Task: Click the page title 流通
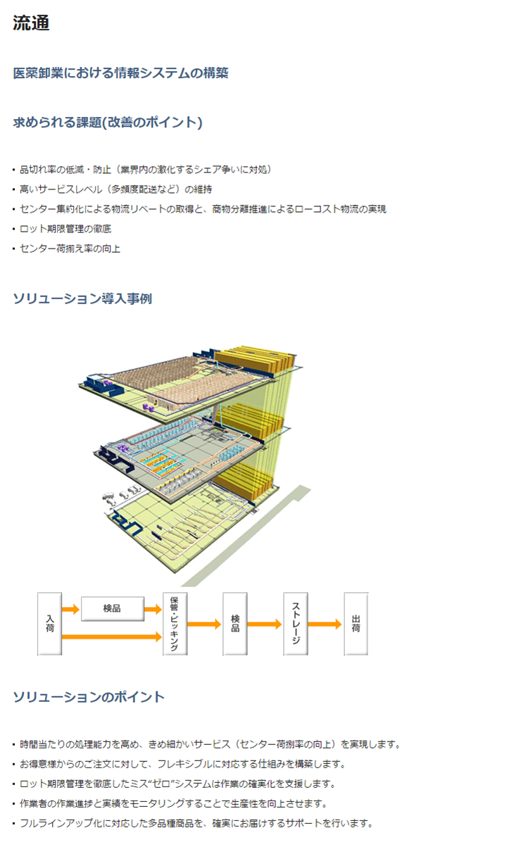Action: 31,23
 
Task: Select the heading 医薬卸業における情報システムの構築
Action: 120,73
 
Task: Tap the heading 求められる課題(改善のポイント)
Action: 108,122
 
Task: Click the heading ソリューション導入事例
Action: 82,299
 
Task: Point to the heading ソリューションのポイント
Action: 89,696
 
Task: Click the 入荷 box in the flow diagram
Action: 49,624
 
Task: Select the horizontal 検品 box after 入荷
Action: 112,608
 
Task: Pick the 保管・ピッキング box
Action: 175,624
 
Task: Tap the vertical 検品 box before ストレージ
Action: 234,624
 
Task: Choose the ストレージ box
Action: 296,624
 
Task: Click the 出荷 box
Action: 356,624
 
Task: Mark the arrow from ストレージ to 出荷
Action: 325,624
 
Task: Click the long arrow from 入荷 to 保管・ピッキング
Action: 112,636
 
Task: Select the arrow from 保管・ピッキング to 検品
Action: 204,624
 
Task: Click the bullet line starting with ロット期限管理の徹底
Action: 65,229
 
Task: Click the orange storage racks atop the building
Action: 255,358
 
